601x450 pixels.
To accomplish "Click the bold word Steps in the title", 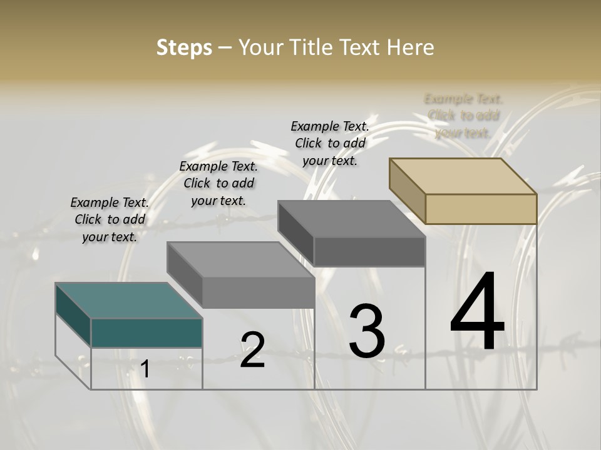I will pyautogui.click(x=184, y=47).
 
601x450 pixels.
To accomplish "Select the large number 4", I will pyautogui.click(x=477, y=312).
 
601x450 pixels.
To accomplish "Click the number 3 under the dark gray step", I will pyautogui.click(x=367, y=331).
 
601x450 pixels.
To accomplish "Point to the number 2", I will pyautogui.click(x=252, y=350).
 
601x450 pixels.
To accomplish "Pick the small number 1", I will pyautogui.click(x=145, y=369).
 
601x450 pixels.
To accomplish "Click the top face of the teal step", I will pyautogui.click(x=128, y=301).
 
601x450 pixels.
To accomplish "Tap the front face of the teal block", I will pyautogui.click(x=146, y=333).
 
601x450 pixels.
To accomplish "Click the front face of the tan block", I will pyautogui.click(x=481, y=209).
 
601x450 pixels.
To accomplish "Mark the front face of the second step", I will pyautogui.click(x=258, y=292).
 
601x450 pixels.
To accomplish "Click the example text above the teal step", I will pyautogui.click(x=110, y=219).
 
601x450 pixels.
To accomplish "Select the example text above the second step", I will pyautogui.click(x=218, y=183).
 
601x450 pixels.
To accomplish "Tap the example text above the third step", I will pyautogui.click(x=330, y=143).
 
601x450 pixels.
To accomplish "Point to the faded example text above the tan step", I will pyautogui.click(x=463, y=116).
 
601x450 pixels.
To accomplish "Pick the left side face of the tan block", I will pyautogui.click(x=407, y=191).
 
